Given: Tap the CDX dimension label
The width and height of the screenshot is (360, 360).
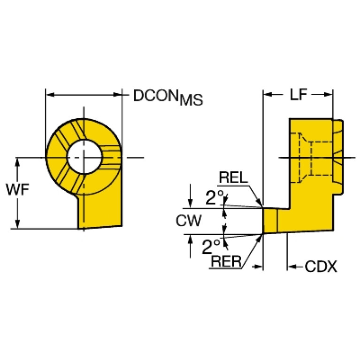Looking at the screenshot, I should click(x=321, y=267).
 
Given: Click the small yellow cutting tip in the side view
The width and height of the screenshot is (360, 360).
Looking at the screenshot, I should click(x=269, y=221).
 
